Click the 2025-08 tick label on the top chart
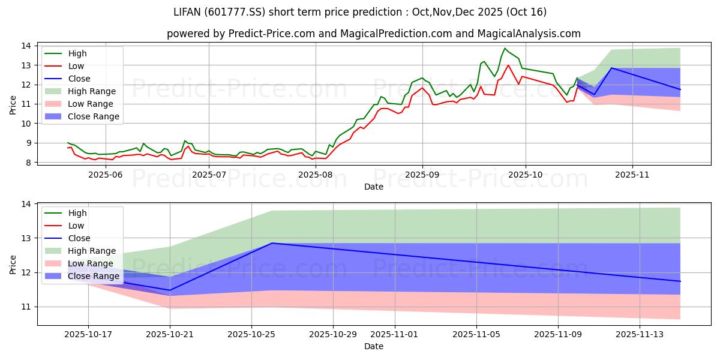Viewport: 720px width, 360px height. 315,174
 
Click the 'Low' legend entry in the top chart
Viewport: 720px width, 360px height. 76,66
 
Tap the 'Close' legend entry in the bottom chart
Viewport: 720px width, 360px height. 79,238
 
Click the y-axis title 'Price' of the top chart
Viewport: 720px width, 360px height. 13,104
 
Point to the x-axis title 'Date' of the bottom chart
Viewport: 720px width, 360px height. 374,347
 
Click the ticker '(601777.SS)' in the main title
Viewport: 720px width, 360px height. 292,12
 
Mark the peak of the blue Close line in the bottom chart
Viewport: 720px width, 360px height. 272,243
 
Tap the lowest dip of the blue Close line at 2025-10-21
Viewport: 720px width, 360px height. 170,290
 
